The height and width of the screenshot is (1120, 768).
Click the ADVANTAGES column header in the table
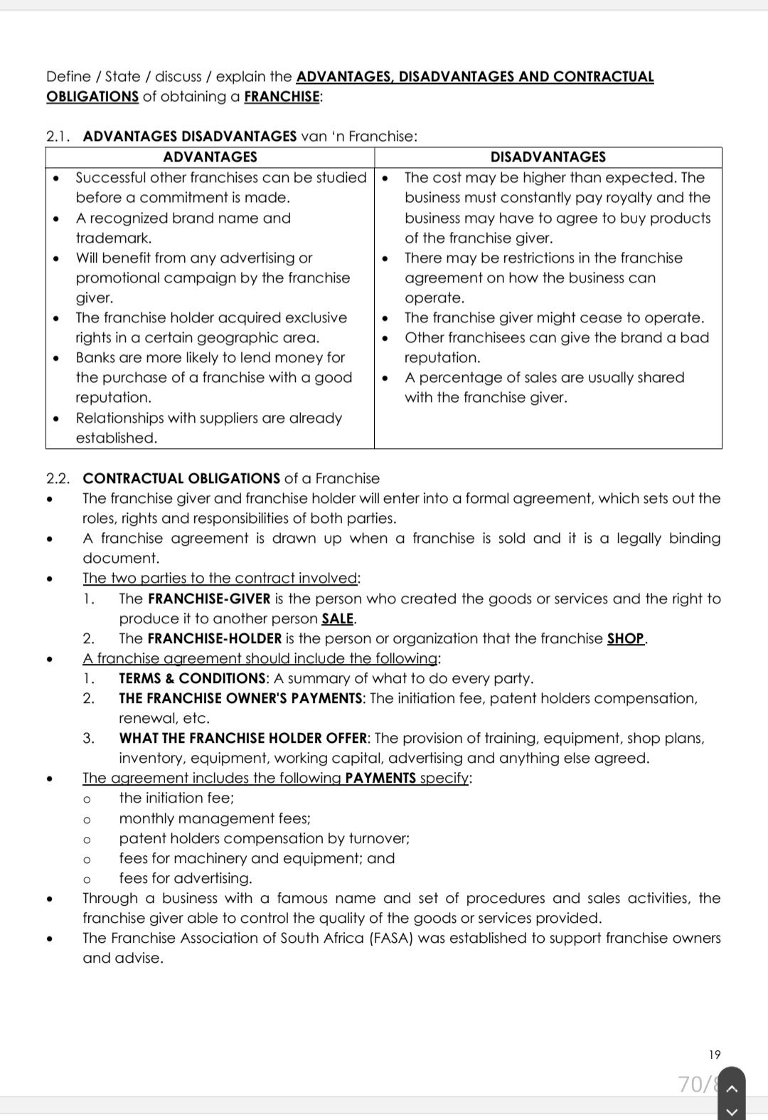210,157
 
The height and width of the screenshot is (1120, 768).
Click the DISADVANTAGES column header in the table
548,157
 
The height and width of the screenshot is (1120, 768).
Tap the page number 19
715,1055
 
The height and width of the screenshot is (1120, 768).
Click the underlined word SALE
338,618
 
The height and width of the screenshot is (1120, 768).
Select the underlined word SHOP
626,638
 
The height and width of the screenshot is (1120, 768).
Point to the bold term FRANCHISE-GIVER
209,598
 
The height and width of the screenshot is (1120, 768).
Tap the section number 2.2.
58,478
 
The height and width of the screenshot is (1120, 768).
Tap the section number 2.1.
58,137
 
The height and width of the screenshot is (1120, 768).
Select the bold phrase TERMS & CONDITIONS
192,678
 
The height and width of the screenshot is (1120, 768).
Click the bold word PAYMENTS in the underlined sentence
380,778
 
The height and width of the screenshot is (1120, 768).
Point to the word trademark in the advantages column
113,238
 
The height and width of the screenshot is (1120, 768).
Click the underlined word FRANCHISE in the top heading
282,97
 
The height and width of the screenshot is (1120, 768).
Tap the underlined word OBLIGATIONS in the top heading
92,97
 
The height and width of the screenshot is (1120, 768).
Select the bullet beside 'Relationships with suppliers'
55,418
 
